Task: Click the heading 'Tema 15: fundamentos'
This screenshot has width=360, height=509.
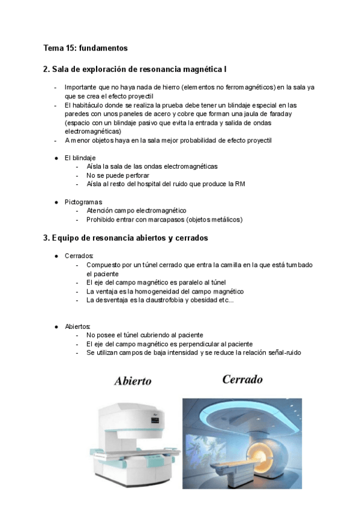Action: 85,48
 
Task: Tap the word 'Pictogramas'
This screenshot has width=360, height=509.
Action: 83,202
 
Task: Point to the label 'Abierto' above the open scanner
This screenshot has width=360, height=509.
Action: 133,381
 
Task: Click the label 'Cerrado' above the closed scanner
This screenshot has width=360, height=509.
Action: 242,380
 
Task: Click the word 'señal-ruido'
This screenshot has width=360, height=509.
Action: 281,353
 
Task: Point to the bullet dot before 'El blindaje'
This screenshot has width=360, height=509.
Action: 56,158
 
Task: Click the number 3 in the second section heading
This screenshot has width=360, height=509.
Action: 46,238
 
